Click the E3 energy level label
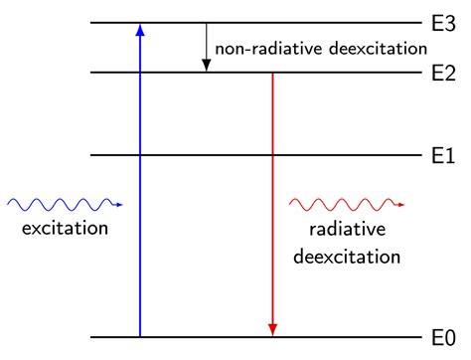pos(443,22)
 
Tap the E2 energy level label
pos(443,72)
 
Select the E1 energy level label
pos(443,155)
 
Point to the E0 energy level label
pos(443,338)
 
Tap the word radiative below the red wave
pos(344,231)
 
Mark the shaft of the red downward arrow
pos(271,199)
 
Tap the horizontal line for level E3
pos(298,22)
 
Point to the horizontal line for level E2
pos(348,72)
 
